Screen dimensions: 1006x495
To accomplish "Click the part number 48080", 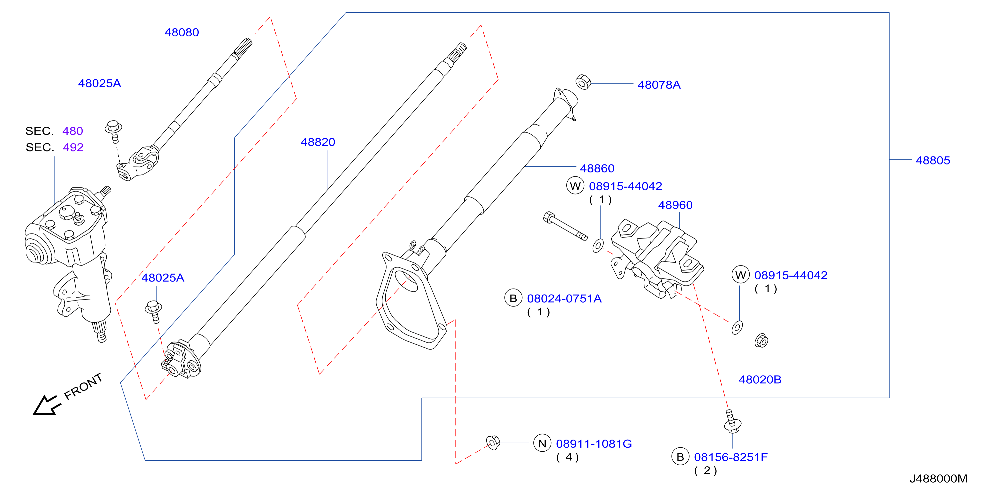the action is coord(182,32).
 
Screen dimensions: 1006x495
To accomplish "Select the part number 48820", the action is coord(318,142).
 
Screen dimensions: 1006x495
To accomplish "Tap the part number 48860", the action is coord(597,168).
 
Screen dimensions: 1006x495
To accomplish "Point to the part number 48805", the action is coord(933,160).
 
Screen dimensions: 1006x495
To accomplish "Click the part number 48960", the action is coord(675,205).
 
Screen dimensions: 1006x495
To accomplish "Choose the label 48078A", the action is coord(659,85).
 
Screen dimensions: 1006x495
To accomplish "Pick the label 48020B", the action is coord(760,379).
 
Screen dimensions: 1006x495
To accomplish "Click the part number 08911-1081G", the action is coord(594,444).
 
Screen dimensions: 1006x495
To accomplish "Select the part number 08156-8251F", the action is coord(731,457).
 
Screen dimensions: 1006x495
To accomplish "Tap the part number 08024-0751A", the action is coord(564,299).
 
